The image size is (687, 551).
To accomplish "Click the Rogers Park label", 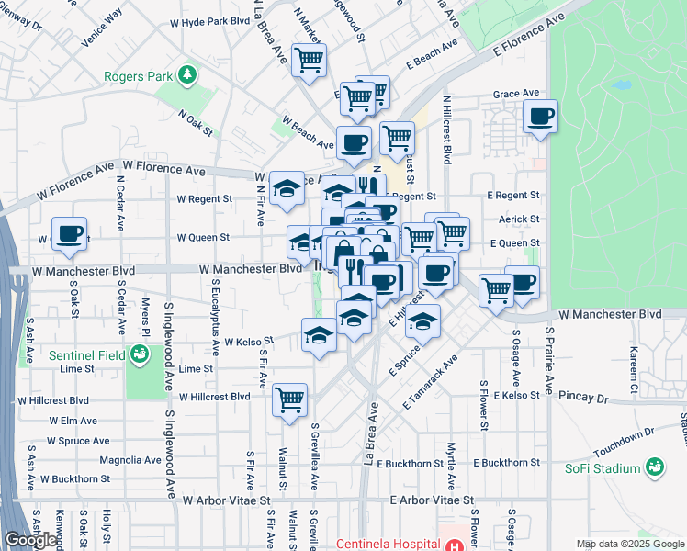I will pyautogui.click(x=139, y=75).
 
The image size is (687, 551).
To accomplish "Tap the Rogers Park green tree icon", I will pyautogui.click(x=187, y=73).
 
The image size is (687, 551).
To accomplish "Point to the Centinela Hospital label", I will pyautogui.click(x=388, y=543).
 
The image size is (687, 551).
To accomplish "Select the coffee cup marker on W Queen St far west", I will pyautogui.click(x=69, y=233).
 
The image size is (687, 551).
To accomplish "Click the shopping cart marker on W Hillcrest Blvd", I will pyautogui.click(x=289, y=399).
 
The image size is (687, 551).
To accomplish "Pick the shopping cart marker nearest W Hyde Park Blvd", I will pyautogui.click(x=310, y=60).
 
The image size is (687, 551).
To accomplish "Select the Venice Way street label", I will pyautogui.click(x=102, y=27).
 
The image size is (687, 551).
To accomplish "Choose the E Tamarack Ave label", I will pyautogui.click(x=429, y=382).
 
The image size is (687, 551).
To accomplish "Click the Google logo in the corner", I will pyautogui.click(x=29, y=540).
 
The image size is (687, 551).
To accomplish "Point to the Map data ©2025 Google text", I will pyautogui.click(x=629, y=544).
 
